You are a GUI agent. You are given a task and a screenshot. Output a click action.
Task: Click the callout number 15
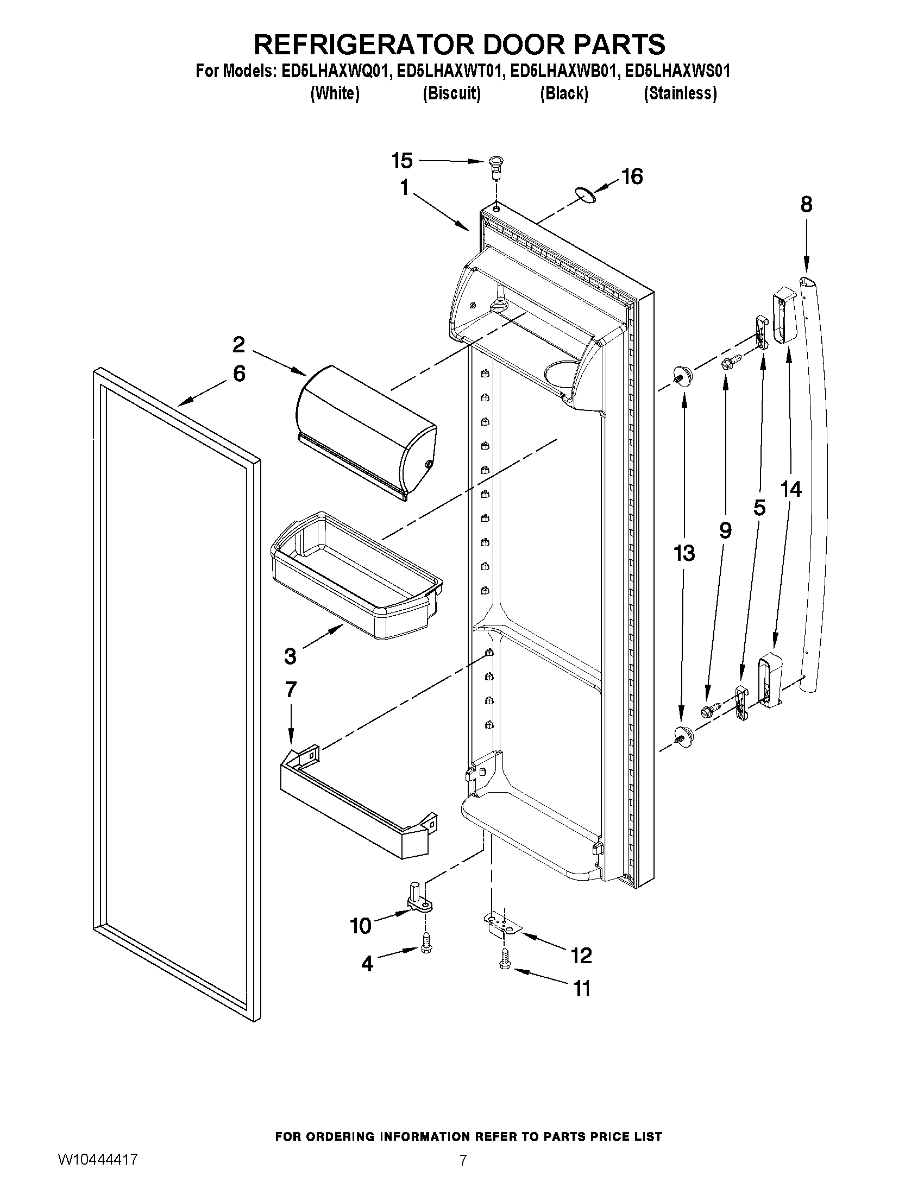[x=402, y=161]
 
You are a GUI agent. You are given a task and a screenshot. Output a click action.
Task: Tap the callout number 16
[x=632, y=177]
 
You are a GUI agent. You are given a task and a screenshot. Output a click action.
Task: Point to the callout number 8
[x=806, y=205]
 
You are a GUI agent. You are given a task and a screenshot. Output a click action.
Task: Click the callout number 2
[x=238, y=345]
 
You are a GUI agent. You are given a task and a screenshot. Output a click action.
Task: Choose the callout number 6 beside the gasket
[x=239, y=374]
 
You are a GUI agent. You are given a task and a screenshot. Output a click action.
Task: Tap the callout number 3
[x=290, y=655]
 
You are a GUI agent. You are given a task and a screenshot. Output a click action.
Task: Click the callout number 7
[x=290, y=690]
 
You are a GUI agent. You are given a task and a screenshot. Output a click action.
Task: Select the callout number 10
[x=361, y=926]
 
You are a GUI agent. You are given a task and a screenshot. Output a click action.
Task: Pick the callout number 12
[x=581, y=956]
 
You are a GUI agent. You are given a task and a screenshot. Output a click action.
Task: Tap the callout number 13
[x=684, y=553]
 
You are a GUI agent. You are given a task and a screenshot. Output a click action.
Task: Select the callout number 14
[x=791, y=489]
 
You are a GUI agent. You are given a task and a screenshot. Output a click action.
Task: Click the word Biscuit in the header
[x=451, y=94]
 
